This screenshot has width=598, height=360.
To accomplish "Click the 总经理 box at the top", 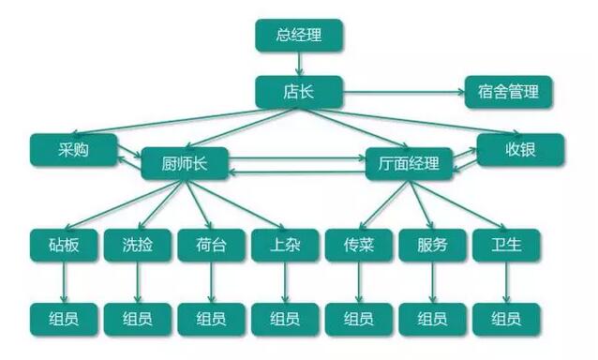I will pyautogui.click(x=299, y=36).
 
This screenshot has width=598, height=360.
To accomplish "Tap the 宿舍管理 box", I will pyautogui.click(x=509, y=92).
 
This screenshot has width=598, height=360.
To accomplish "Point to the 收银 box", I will pyautogui.click(x=520, y=149).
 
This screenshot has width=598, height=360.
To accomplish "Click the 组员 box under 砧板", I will pyautogui.click(x=63, y=318).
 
